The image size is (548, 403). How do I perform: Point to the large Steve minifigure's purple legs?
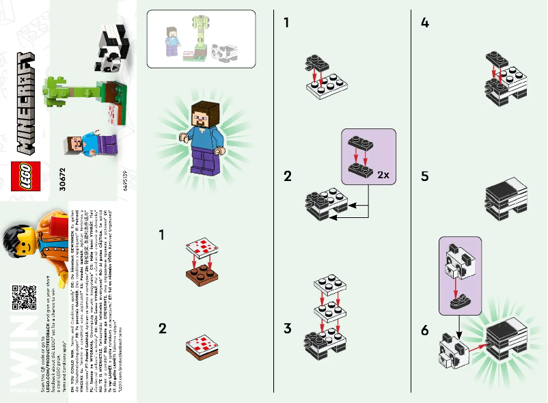point(203,163)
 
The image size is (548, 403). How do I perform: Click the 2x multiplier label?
point(383,175)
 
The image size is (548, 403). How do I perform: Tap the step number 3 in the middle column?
point(288,329)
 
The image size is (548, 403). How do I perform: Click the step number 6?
point(425,331)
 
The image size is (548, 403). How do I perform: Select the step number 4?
point(425,23)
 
